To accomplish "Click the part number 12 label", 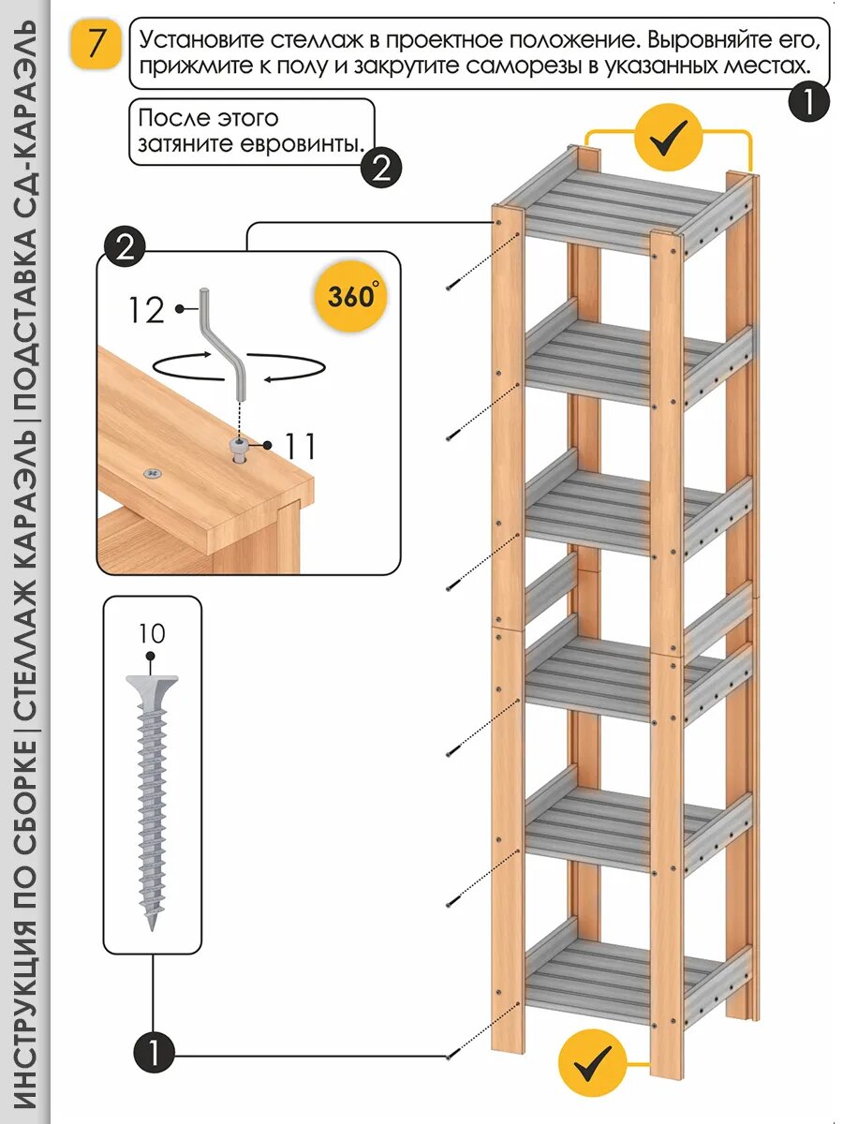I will click(146, 309).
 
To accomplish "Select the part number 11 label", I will click(300, 446).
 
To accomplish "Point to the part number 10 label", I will click(151, 634).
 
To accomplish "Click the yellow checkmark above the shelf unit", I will click(668, 140).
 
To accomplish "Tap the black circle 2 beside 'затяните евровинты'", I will click(381, 169).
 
